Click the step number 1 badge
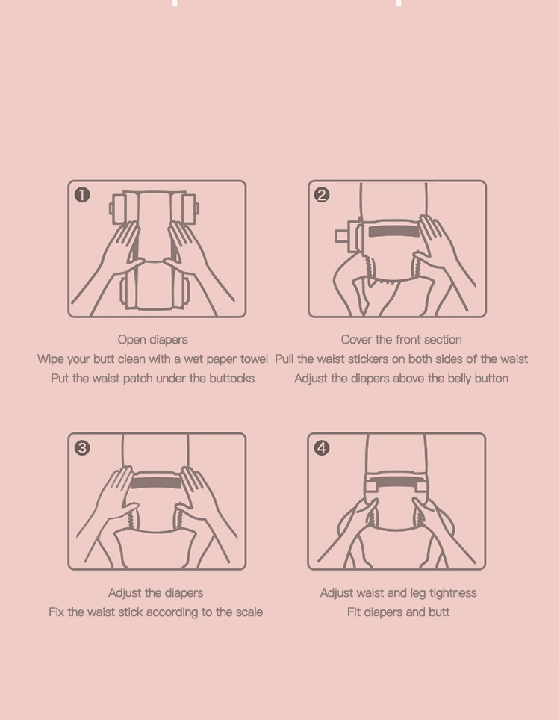pyautogui.click(x=82, y=195)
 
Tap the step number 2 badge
pyautogui.click(x=322, y=195)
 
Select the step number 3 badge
pyautogui.click(x=82, y=447)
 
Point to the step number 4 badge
pyautogui.click(x=322, y=447)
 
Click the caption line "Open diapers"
pyautogui.click(x=153, y=340)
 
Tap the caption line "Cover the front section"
pyautogui.click(x=401, y=340)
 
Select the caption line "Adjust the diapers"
pyautogui.click(x=155, y=593)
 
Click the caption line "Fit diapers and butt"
pyautogui.click(x=399, y=612)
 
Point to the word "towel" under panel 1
pyautogui.click(x=254, y=359)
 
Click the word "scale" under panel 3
pyautogui.click(x=249, y=612)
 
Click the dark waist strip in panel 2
pyautogui.click(x=394, y=231)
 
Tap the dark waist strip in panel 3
pyautogui.click(x=155, y=482)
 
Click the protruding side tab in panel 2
pyautogui.click(x=341, y=236)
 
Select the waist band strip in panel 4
pyautogui.click(x=396, y=485)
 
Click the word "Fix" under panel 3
pyautogui.click(x=56, y=612)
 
